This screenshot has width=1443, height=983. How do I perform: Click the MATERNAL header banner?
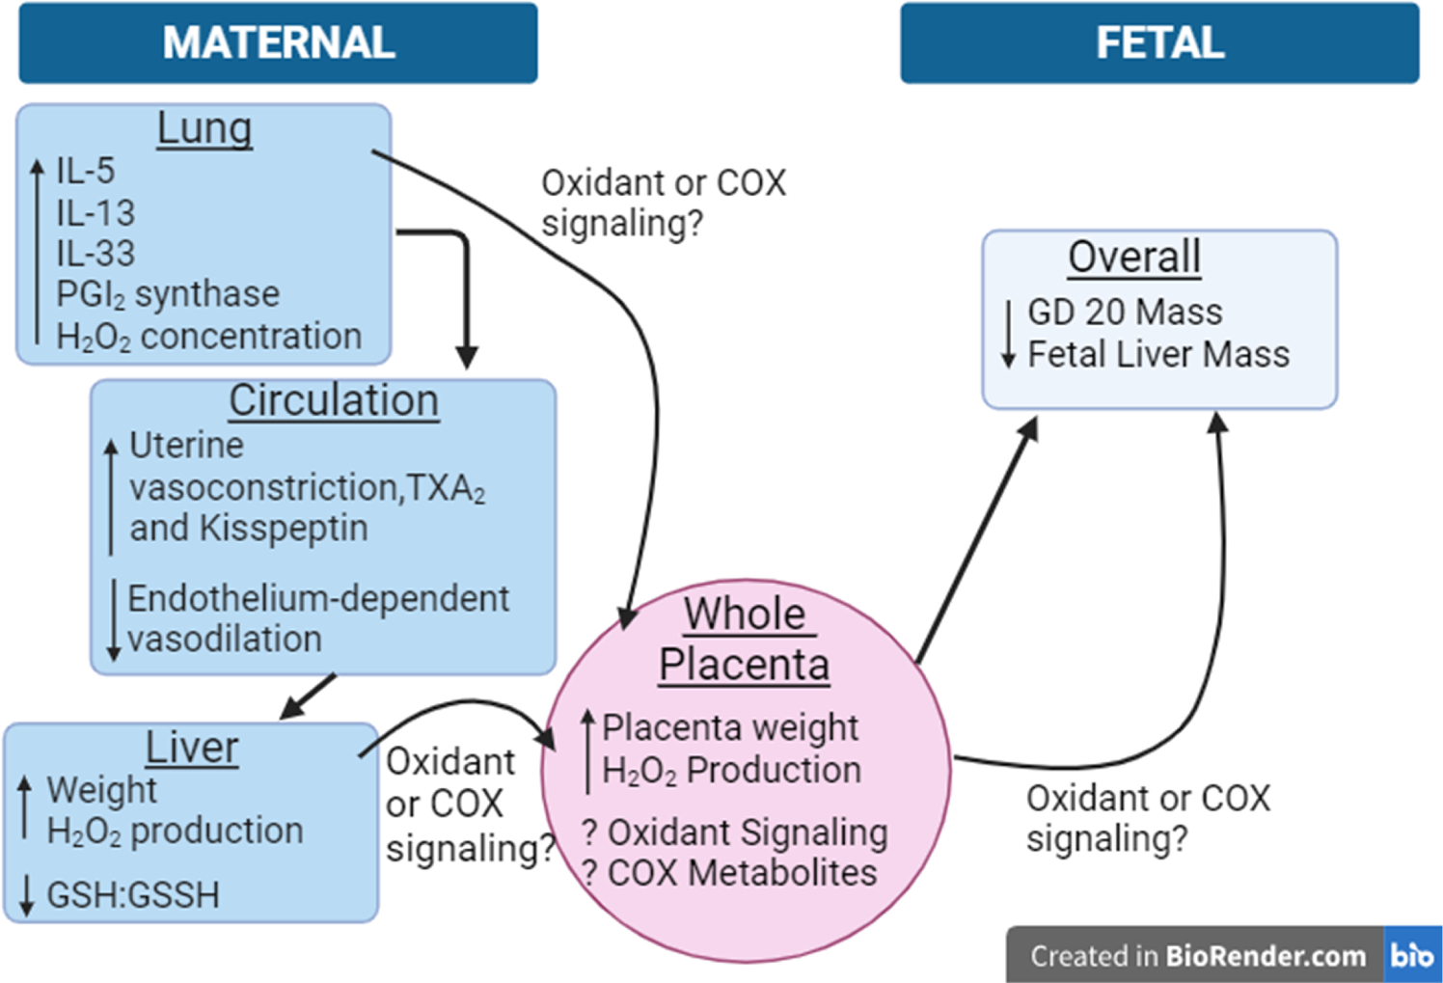pyautogui.click(x=278, y=42)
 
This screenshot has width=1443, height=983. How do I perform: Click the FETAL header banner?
pyautogui.click(x=1159, y=42)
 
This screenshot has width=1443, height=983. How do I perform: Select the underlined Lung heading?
pyautogui.click(x=204, y=128)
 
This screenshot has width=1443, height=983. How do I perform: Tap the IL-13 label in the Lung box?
pyautogui.click(x=95, y=212)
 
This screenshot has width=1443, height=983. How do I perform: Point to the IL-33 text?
pyautogui.click(x=95, y=254)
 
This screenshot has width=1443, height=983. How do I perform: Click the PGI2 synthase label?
pyautogui.click(x=168, y=294)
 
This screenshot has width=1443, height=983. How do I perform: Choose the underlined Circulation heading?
pyautogui.click(x=334, y=400)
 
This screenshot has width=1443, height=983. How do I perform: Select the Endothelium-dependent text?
pyautogui.click(x=318, y=598)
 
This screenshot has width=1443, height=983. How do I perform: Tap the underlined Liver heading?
pyautogui.click(x=192, y=748)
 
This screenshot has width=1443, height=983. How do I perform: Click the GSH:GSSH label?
pyautogui.click(x=133, y=895)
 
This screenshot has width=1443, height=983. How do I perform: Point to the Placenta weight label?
pyautogui.click(x=730, y=727)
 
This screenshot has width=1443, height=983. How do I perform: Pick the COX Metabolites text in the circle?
pyautogui.click(x=742, y=873)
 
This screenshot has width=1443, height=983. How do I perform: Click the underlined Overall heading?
pyautogui.click(x=1134, y=258)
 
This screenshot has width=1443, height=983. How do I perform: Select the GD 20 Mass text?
pyautogui.click(x=1125, y=313)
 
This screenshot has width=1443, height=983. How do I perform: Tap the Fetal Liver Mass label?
pyautogui.click(x=1158, y=355)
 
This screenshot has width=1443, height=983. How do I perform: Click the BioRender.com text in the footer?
pyautogui.click(x=1266, y=956)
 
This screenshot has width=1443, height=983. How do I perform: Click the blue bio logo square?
pyautogui.click(x=1412, y=955)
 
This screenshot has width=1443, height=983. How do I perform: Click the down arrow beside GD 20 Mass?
pyautogui.click(x=1008, y=334)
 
